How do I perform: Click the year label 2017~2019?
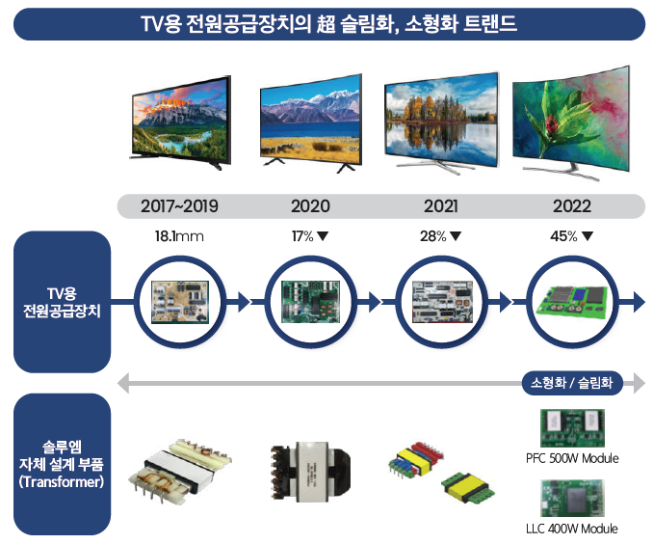click(x=179, y=206)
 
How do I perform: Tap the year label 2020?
click(x=310, y=206)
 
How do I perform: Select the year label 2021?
click(x=440, y=206)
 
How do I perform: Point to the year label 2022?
click(x=572, y=206)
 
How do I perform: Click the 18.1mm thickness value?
click(x=179, y=236)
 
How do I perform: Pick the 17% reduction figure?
click(x=302, y=236)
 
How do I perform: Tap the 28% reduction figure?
click(x=432, y=236)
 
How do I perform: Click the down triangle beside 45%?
click(x=588, y=236)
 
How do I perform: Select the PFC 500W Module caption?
click(x=572, y=458)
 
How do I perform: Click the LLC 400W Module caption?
click(x=572, y=529)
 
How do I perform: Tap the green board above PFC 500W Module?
click(x=572, y=428)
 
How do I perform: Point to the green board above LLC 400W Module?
click(x=572, y=498)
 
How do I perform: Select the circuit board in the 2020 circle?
click(x=310, y=302)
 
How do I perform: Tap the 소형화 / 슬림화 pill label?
click(x=572, y=383)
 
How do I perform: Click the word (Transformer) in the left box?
click(x=62, y=482)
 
